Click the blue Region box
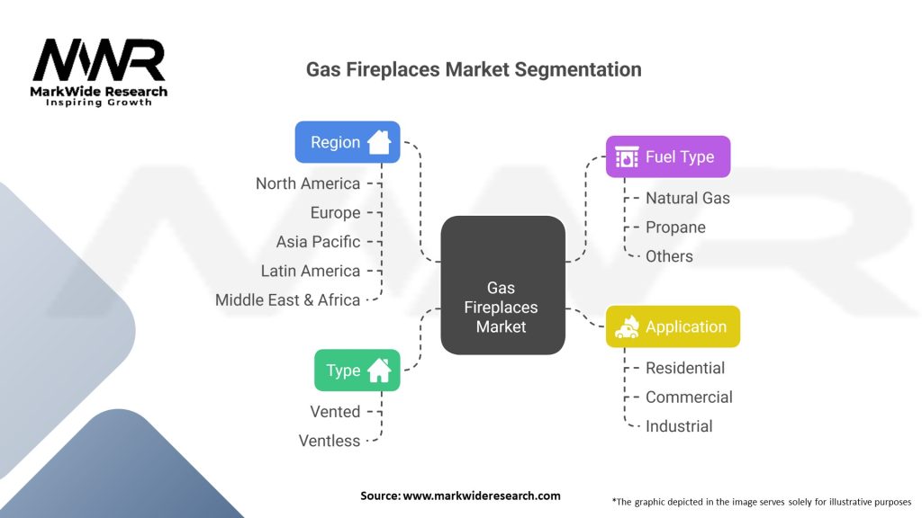click(x=347, y=142)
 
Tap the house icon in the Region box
click(x=379, y=142)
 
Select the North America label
click(x=308, y=183)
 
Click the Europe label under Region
click(x=336, y=213)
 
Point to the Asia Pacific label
click(x=319, y=242)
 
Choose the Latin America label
click(x=311, y=271)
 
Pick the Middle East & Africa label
click(x=288, y=300)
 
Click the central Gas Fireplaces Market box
click(x=502, y=285)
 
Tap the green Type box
click(x=357, y=370)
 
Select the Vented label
click(x=335, y=412)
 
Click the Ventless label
click(x=330, y=441)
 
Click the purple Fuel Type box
click(x=667, y=156)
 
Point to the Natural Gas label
click(x=688, y=198)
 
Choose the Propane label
click(x=675, y=228)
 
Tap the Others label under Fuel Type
click(x=669, y=256)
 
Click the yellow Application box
click(x=673, y=326)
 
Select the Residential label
click(x=685, y=368)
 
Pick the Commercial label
click(x=689, y=397)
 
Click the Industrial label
click(x=679, y=426)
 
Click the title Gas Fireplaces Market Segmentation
click(x=474, y=69)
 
